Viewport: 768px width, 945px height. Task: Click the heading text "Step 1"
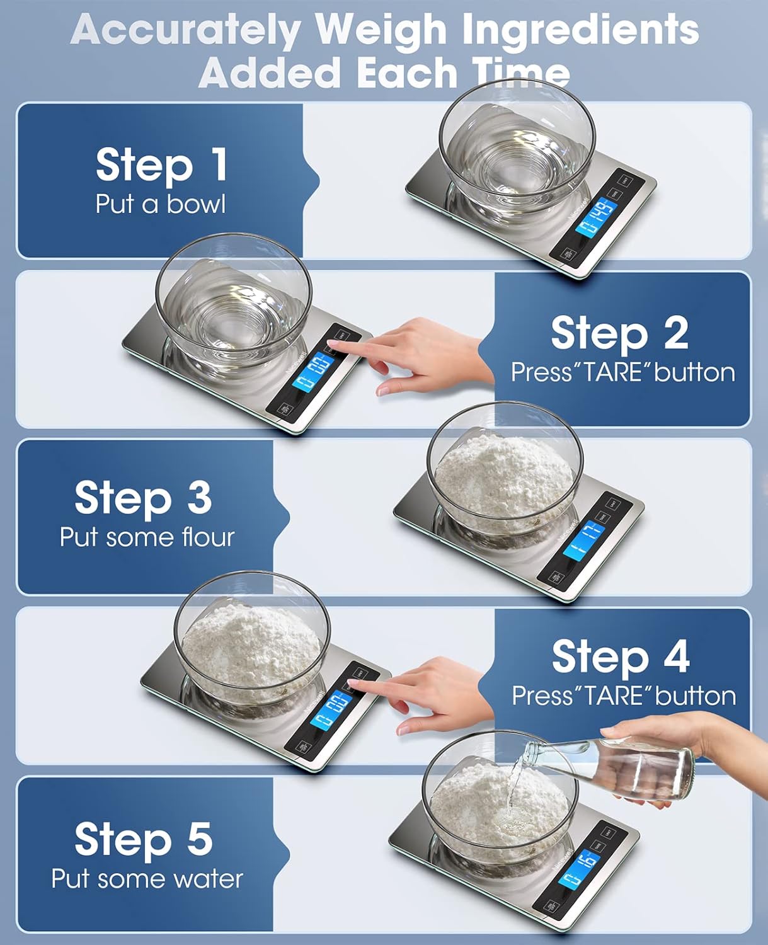pos(161,164)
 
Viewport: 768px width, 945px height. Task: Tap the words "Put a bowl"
pos(160,204)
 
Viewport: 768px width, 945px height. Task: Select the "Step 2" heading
pos(619,333)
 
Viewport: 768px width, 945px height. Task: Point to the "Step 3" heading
pos(143,498)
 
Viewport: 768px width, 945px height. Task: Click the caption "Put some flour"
pos(147,537)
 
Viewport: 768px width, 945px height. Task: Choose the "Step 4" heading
pos(620,656)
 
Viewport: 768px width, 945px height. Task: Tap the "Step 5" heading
pos(143,839)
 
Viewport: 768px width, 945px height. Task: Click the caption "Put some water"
pos(147,879)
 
